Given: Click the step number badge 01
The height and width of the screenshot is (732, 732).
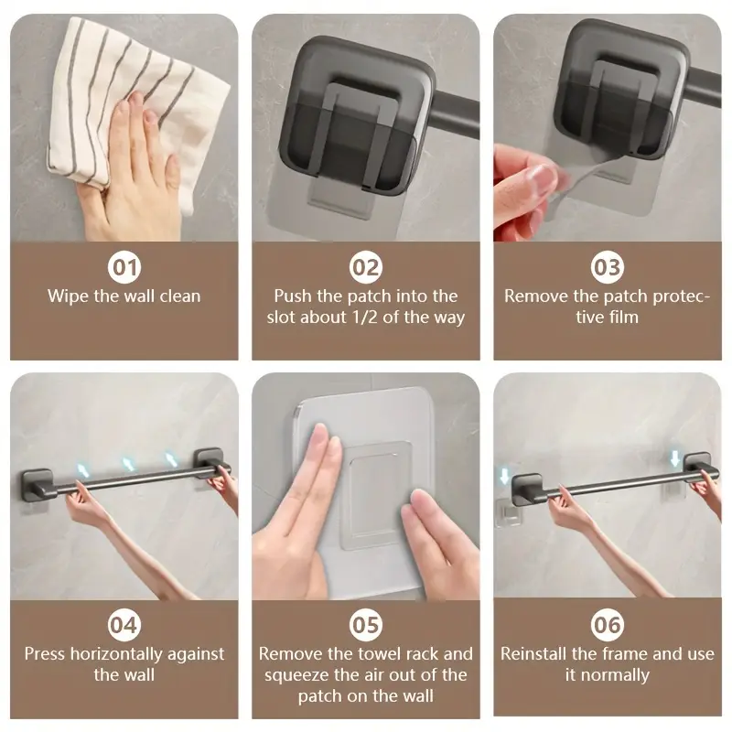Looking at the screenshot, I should [x=124, y=267].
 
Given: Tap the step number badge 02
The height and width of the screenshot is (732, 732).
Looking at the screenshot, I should [x=366, y=267].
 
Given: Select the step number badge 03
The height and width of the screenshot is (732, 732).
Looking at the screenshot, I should [x=607, y=267].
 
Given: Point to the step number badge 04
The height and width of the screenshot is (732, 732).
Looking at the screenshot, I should [x=124, y=625].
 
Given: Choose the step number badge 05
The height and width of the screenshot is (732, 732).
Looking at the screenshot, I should [x=366, y=625].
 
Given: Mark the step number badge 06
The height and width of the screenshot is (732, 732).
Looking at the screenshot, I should [x=607, y=625].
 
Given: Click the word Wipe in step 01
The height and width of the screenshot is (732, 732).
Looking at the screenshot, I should [x=68, y=296].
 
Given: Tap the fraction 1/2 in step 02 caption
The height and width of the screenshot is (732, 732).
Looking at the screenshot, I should [x=366, y=318].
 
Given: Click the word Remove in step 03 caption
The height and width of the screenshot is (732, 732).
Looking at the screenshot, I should [x=534, y=296].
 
